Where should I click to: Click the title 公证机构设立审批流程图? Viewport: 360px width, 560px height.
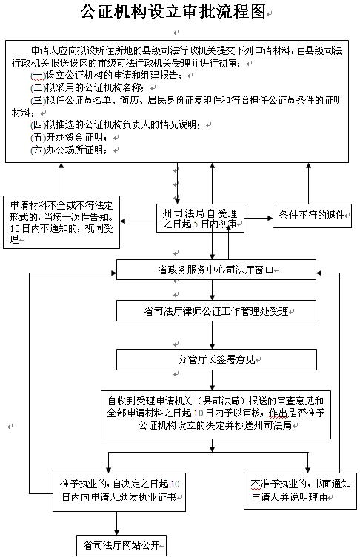[173, 12]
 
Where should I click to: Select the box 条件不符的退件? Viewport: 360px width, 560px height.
[312, 216]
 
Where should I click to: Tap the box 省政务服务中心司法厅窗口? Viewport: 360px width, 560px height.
[216, 270]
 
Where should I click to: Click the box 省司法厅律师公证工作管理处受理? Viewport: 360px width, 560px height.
[216, 311]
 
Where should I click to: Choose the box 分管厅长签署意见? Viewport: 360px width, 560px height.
[216, 359]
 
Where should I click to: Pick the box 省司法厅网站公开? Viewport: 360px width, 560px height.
[121, 545]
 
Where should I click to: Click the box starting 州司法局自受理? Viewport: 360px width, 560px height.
[200, 219]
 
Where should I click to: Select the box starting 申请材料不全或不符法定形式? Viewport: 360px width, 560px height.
[61, 221]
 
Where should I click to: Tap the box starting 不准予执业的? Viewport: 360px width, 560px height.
[300, 490]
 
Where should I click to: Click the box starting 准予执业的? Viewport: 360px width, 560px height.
[119, 492]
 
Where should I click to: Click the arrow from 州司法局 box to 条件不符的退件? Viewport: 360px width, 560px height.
[259, 218]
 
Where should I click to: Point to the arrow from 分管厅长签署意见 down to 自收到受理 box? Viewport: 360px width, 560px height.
[213, 380]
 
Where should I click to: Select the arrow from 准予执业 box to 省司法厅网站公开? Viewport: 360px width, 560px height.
[116, 523]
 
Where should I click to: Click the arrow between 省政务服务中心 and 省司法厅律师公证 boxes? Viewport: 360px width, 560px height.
[213, 290]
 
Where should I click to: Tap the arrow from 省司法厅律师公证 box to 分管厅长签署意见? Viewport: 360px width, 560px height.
[213, 335]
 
